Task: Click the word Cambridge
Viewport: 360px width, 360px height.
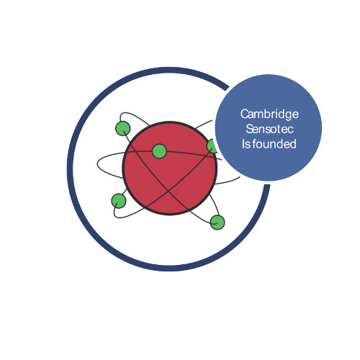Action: (269, 114)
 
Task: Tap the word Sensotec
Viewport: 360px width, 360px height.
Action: (269, 129)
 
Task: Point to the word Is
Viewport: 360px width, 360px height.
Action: (246, 144)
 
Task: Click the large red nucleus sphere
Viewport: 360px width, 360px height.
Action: (170, 168)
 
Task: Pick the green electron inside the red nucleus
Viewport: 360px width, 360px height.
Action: (159, 151)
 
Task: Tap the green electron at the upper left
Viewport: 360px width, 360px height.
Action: (123, 128)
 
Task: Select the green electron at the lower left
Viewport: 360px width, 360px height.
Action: (119, 201)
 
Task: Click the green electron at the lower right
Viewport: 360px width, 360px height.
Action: (217, 222)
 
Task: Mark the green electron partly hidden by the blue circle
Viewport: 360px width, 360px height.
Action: (212, 146)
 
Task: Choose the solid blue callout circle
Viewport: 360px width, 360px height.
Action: (269, 127)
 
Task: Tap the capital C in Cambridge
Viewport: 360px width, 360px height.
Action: (244, 114)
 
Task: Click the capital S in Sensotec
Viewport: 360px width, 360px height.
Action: (249, 129)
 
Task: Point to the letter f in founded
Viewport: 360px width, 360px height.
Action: (255, 144)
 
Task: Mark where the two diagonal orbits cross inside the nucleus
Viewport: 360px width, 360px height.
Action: (168, 192)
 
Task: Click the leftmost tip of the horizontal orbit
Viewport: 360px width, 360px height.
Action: (97, 164)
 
